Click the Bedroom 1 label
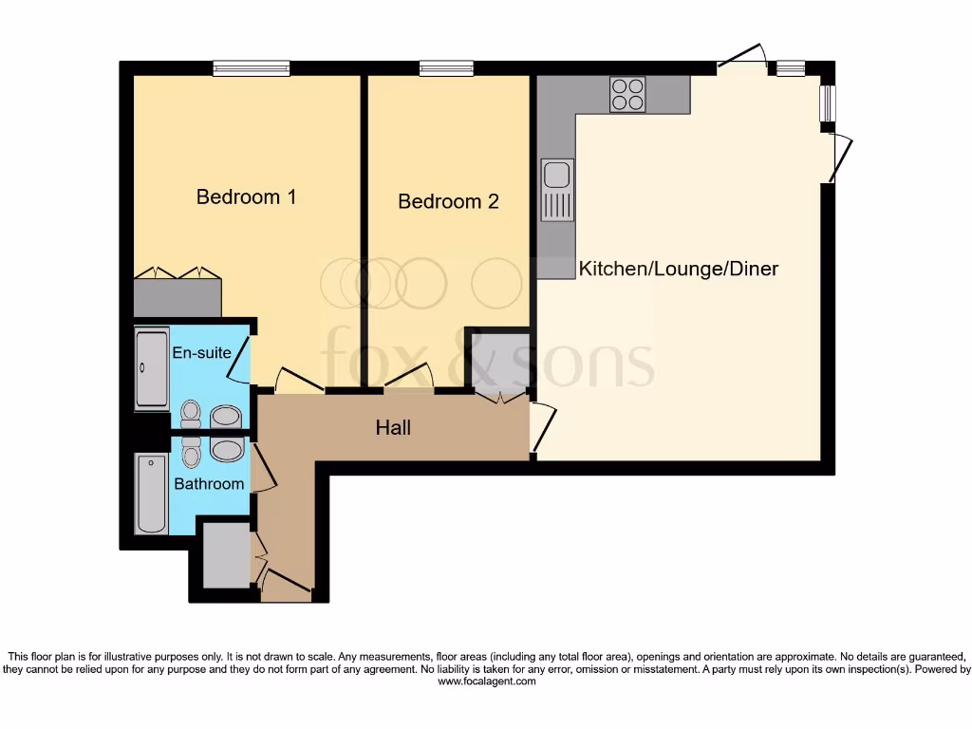point(246,197)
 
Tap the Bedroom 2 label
point(448,201)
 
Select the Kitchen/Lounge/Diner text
point(679,269)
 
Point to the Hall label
point(393,428)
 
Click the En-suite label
point(201,353)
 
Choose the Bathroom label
point(209,484)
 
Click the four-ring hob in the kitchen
point(627,95)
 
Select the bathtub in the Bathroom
point(152,494)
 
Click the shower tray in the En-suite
point(152,368)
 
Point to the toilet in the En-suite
point(191,415)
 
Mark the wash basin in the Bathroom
point(227,449)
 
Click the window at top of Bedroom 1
point(252,68)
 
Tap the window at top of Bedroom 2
point(446,68)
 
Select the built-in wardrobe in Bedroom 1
point(178,297)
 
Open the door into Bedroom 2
point(410,379)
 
